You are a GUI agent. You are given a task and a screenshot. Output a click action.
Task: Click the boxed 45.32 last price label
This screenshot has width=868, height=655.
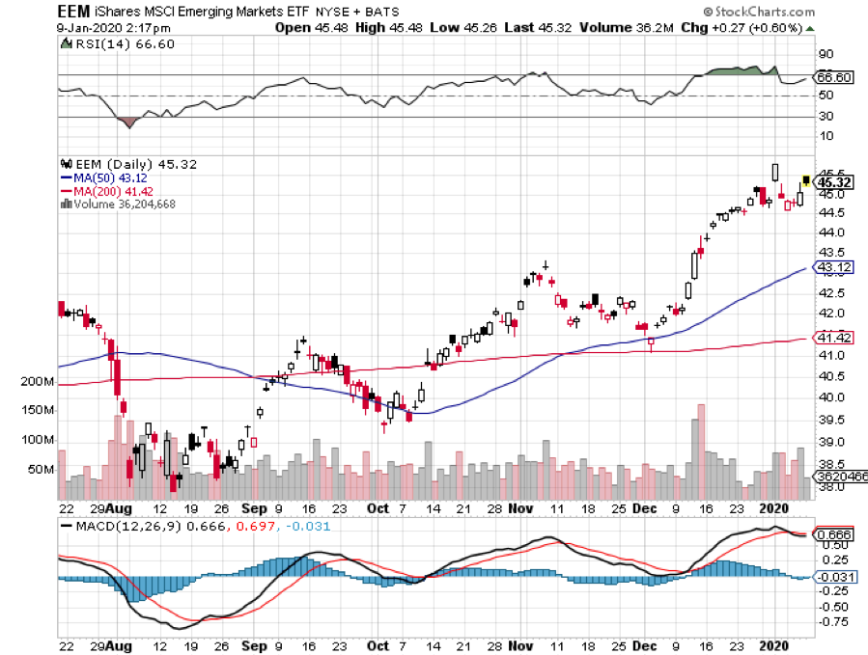(x=833, y=181)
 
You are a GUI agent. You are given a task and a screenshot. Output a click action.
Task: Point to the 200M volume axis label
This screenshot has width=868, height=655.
(x=38, y=382)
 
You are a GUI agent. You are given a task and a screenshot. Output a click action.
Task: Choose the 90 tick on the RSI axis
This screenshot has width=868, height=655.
(x=826, y=54)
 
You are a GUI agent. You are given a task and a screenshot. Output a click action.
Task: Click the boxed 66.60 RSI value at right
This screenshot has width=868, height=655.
(x=834, y=76)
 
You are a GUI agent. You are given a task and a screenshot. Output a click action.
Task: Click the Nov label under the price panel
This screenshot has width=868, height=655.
(x=521, y=506)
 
